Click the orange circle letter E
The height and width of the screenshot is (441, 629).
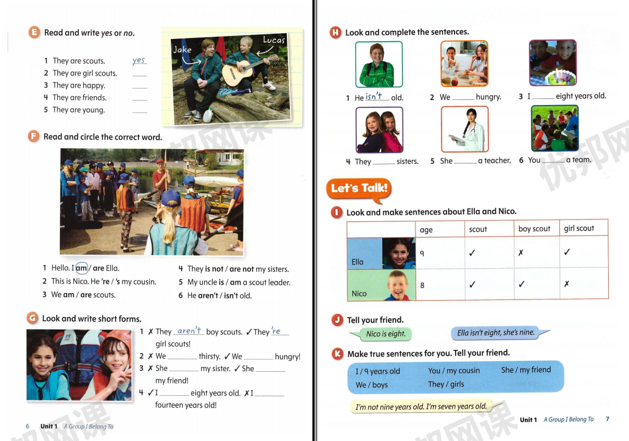pos(34,32)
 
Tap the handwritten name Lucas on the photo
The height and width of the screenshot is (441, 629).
pos(274,40)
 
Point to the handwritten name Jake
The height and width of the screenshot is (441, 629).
pos(182,50)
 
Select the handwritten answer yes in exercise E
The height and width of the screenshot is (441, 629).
pos(139,60)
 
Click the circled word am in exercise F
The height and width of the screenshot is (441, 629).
pos(82,268)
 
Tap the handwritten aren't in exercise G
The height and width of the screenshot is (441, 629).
pos(189,331)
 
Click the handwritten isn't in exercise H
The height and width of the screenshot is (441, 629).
pos(374,96)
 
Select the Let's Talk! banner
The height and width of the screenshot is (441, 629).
pos(359,188)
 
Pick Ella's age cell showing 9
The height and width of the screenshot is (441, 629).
pos(422,253)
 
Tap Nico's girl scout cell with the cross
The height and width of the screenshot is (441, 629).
pos(567,284)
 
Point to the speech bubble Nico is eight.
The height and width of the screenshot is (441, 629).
pos(385,334)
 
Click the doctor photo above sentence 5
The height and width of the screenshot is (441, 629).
pos(464,129)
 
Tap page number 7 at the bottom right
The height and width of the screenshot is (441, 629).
pos(607,419)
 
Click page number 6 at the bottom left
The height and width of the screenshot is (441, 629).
pos(28,426)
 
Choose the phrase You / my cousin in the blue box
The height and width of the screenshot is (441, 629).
pos(454,371)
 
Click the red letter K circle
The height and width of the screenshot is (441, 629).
pos(337,354)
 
